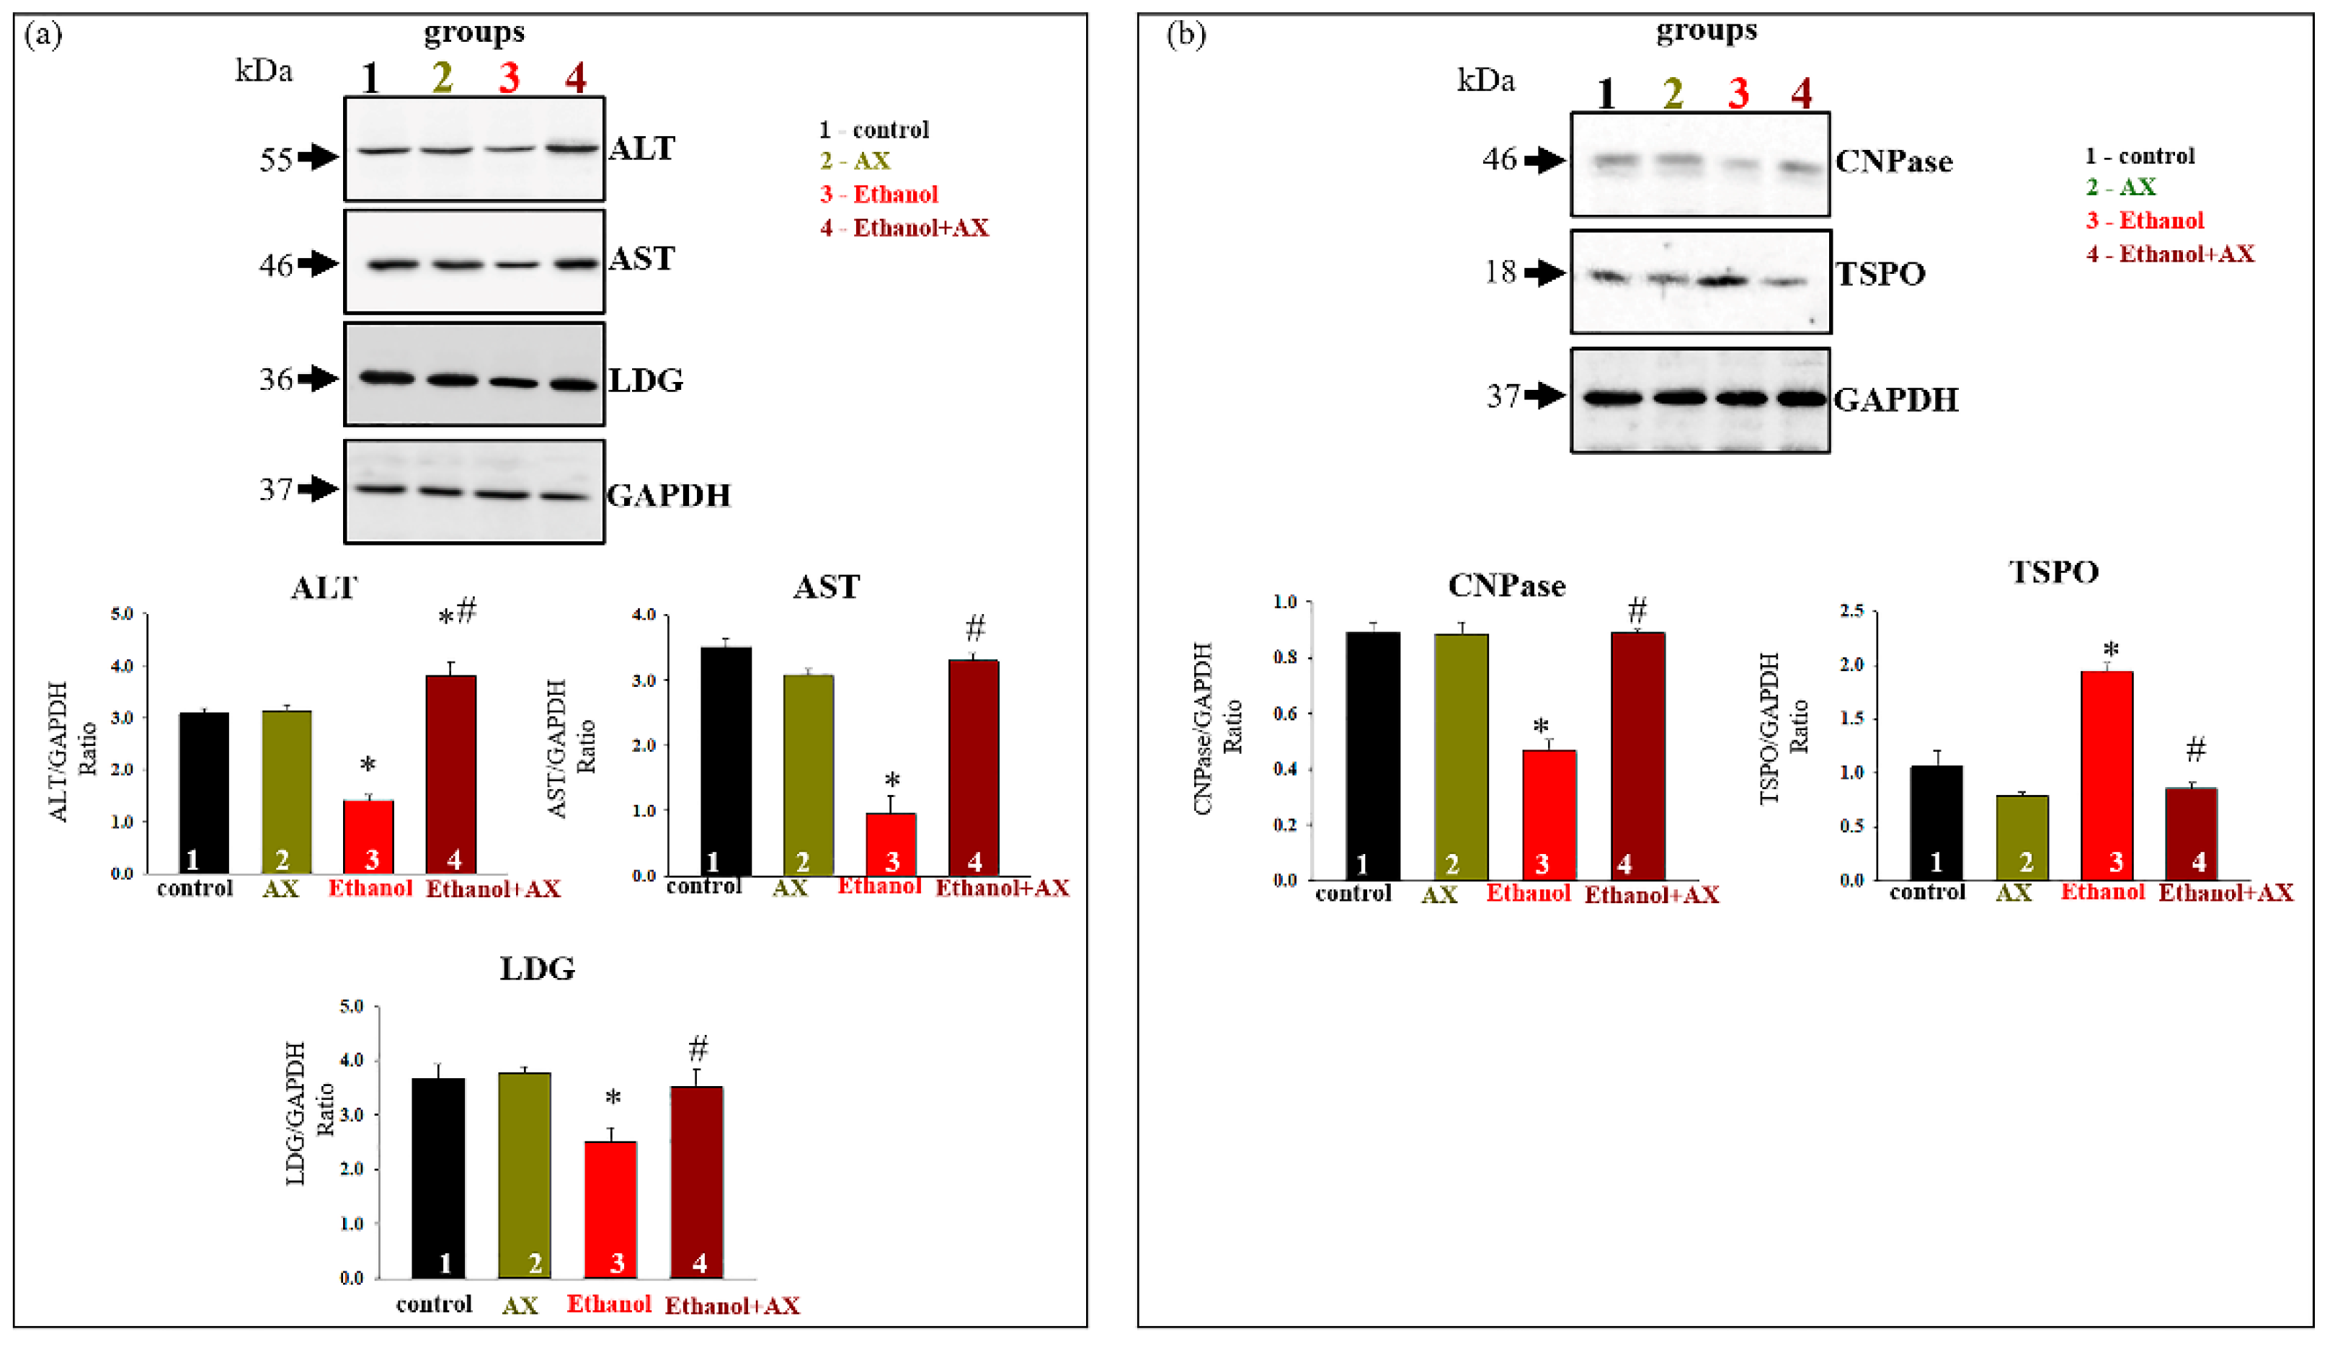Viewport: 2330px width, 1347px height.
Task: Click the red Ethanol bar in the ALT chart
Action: (368, 836)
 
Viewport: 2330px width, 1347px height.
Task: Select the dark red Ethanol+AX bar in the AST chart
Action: (974, 768)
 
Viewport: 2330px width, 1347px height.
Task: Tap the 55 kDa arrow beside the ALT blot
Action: (319, 157)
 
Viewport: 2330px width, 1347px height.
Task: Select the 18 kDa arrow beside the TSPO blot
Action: (1544, 272)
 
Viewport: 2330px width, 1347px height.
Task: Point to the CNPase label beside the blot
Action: (1893, 161)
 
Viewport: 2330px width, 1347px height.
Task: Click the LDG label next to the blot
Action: (645, 380)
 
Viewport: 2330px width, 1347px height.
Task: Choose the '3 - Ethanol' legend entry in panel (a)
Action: (879, 194)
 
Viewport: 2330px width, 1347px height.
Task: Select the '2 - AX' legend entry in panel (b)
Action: (2121, 187)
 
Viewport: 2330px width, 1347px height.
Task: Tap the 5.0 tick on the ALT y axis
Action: (122, 614)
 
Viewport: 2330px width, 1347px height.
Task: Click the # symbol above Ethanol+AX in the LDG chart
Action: (698, 1049)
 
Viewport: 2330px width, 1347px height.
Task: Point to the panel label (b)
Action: (1186, 35)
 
